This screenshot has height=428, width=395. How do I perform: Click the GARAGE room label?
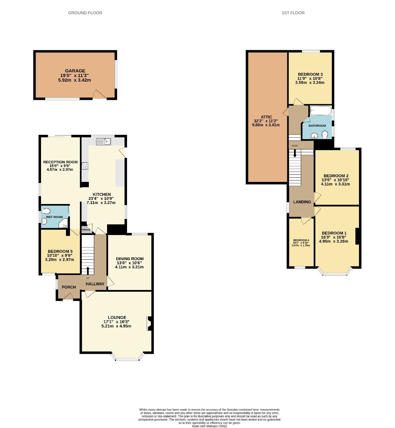tap(75, 71)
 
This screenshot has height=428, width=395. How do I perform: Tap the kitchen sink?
tap(103, 142)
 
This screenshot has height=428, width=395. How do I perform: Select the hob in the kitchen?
tap(85, 165)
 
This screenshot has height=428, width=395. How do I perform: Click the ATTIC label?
tap(266, 117)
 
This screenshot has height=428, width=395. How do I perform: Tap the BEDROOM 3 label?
tap(310, 74)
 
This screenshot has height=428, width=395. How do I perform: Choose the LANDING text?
tap(302, 202)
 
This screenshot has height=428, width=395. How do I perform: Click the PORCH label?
tap(69, 287)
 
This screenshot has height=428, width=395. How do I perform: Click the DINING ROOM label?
tap(130, 259)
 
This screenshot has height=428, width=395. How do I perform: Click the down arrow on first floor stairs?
tap(295, 153)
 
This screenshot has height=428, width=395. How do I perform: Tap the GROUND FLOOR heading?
tap(85, 13)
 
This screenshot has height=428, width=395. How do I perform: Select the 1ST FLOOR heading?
tap(293, 13)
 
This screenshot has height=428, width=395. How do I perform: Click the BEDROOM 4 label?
tap(301, 240)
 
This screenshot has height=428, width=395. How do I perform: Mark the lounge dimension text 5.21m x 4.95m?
tap(116, 326)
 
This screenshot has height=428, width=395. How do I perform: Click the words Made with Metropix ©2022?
tap(209, 426)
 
